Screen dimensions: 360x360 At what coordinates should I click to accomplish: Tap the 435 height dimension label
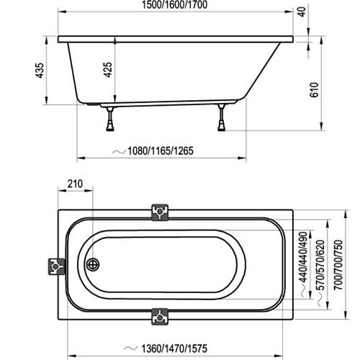pos(41,71)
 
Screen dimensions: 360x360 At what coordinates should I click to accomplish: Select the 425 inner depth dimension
pos(109,71)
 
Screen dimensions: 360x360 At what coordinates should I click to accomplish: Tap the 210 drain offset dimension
pos(74,184)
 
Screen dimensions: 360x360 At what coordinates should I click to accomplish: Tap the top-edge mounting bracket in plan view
pos(160,211)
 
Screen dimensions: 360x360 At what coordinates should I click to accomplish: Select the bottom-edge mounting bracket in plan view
pos(160,316)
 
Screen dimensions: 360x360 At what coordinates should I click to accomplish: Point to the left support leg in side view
pos(109,118)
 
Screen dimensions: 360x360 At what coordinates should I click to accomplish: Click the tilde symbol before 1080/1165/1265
pos(118,153)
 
